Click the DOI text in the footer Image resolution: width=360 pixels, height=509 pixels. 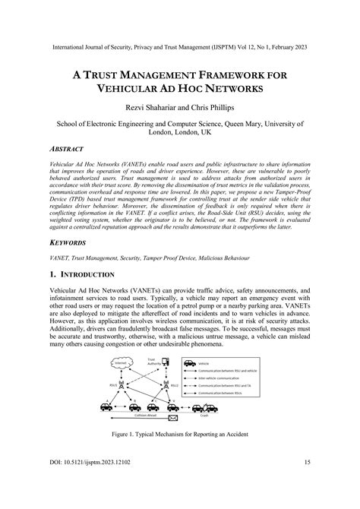pos(91,482)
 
